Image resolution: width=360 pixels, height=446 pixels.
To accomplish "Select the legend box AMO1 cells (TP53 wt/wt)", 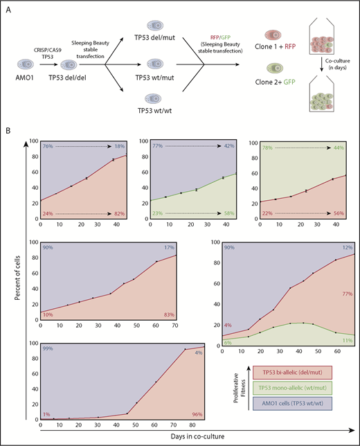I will (x=293, y=411).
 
